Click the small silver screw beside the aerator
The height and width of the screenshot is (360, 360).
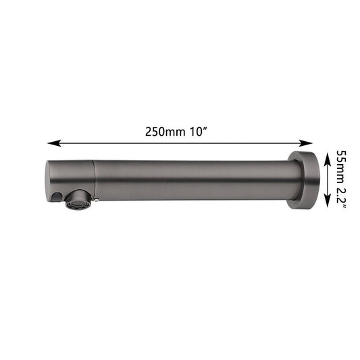[98, 198]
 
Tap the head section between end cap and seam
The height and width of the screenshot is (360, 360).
[71, 176]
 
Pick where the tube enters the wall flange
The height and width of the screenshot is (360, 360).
[288, 181]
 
